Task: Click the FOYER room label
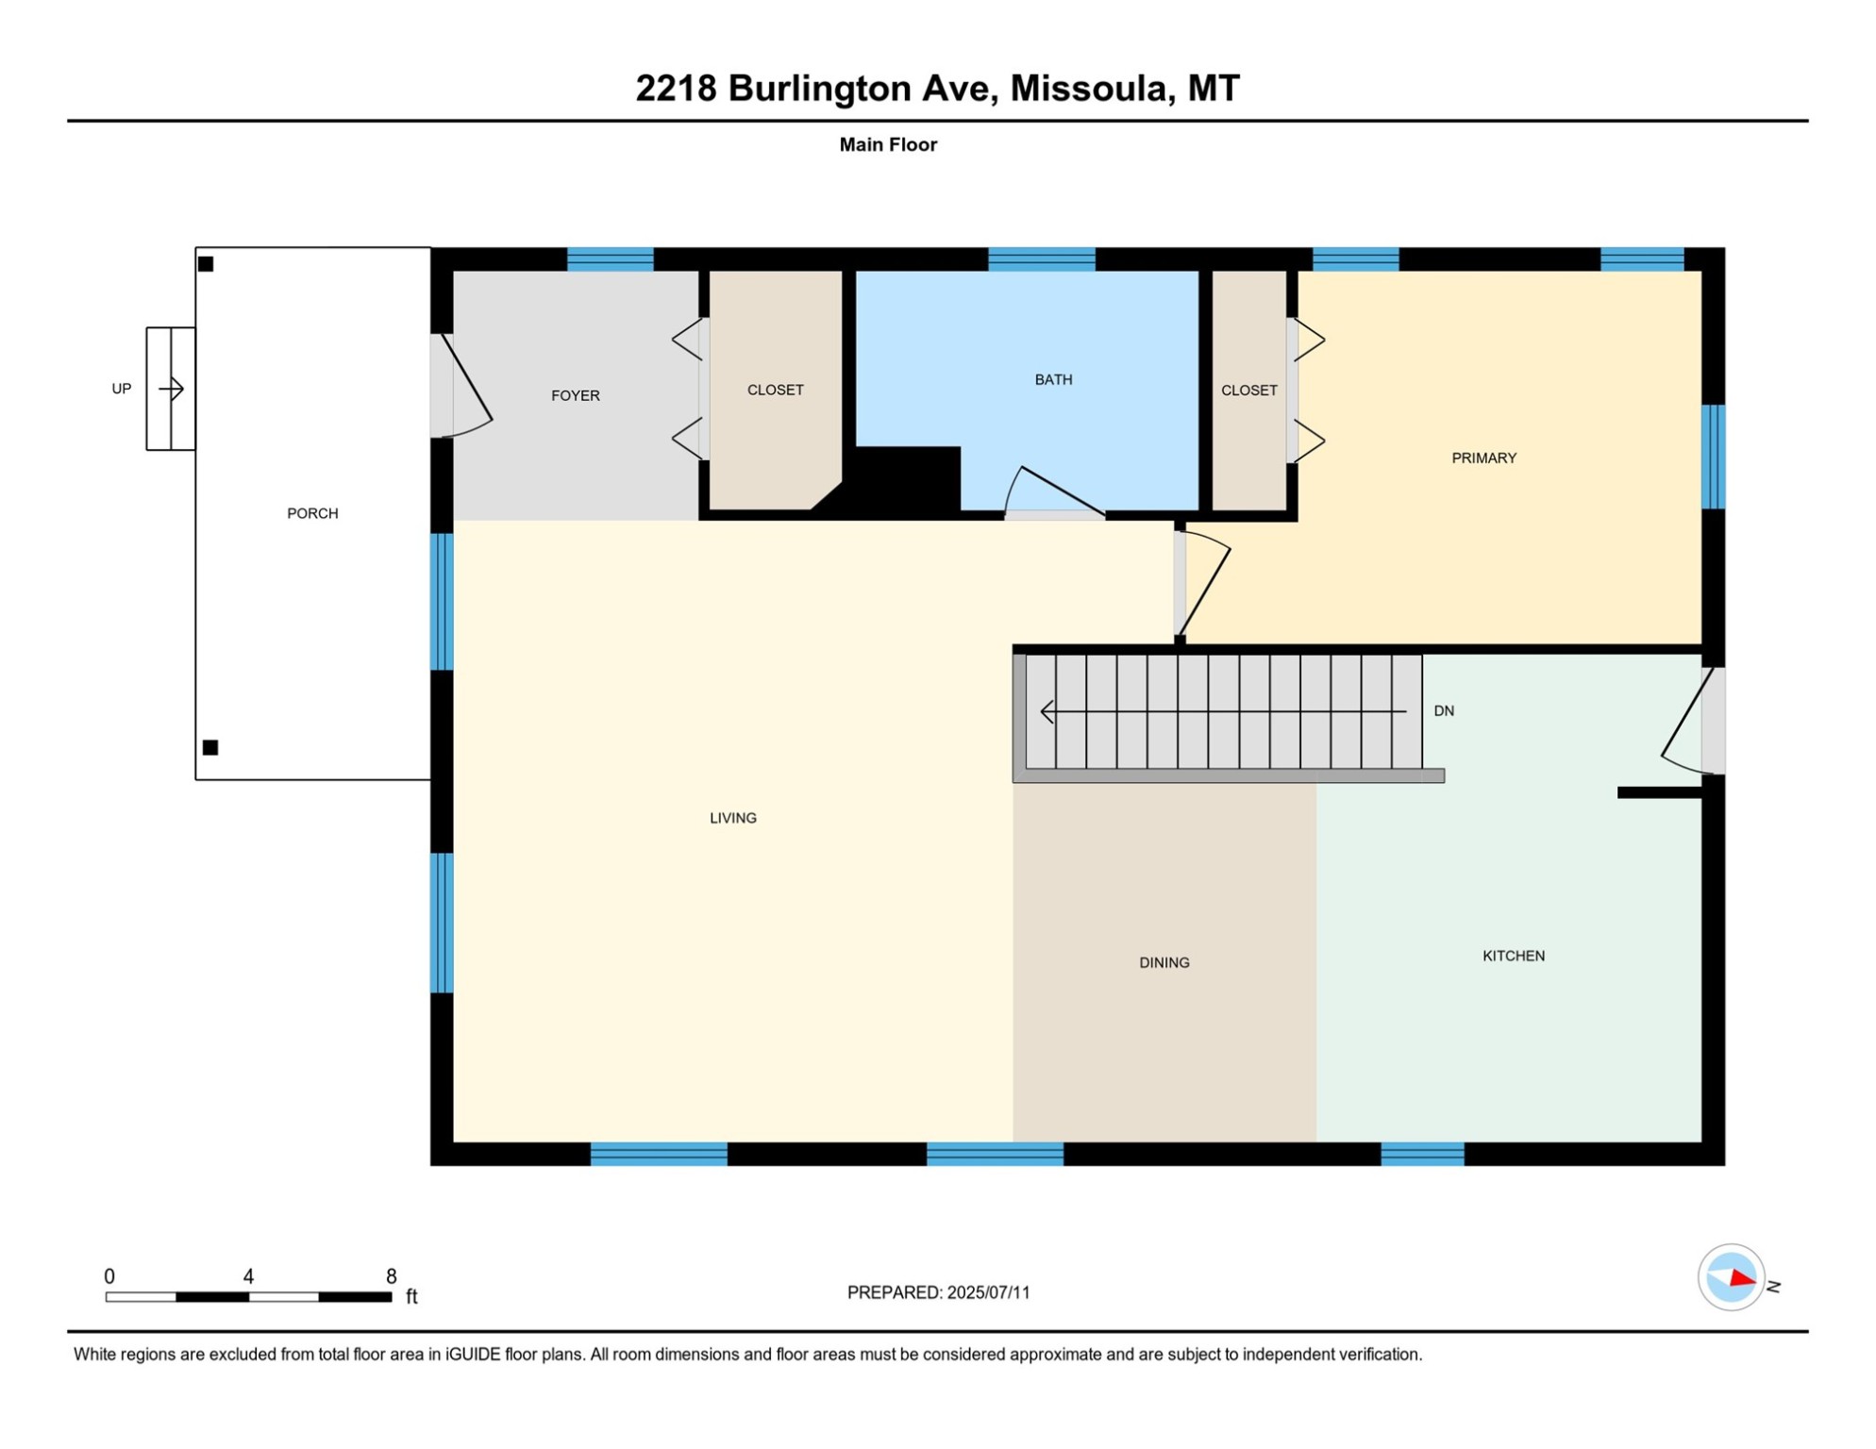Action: [x=575, y=395]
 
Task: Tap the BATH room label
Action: [x=1053, y=379]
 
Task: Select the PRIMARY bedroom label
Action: [x=1483, y=458]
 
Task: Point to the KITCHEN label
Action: [x=1513, y=956]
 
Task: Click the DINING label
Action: [x=1164, y=962]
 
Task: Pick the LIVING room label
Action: [x=732, y=818]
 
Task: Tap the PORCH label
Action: [x=312, y=513]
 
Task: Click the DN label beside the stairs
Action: [x=1443, y=710]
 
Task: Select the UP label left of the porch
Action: [x=122, y=389]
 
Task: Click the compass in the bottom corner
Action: [x=1731, y=1277]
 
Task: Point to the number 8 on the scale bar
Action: [x=391, y=1276]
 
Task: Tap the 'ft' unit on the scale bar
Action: [x=411, y=1296]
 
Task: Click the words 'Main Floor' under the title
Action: [x=888, y=144]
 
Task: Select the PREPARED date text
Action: [x=938, y=1292]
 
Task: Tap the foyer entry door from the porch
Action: [x=463, y=387]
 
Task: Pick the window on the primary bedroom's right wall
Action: [x=1713, y=457]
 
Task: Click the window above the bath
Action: [x=1041, y=258]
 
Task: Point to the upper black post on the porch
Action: [x=206, y=264]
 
